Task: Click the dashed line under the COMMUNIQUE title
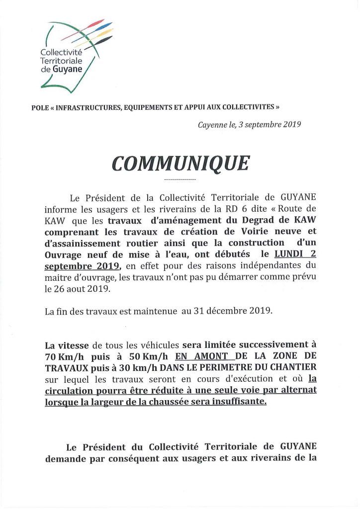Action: (180, 179)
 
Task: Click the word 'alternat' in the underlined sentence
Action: (299, 390)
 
